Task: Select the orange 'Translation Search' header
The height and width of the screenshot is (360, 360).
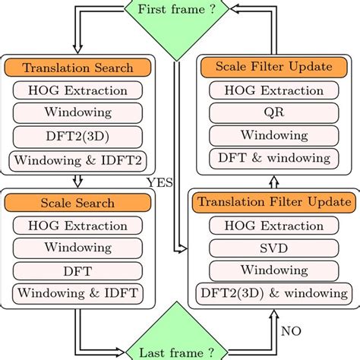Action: (x=78, y=68)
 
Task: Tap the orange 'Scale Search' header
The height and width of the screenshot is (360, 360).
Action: (x=78, y=204)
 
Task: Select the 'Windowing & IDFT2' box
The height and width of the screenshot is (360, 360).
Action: (x=78, y=160)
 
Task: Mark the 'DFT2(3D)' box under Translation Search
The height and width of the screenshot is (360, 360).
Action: (x=78, y=137)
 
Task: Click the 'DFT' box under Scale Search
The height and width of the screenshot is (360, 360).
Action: (x=78, y=270)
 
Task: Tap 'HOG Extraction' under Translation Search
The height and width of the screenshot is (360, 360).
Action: (x=78, y=90)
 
